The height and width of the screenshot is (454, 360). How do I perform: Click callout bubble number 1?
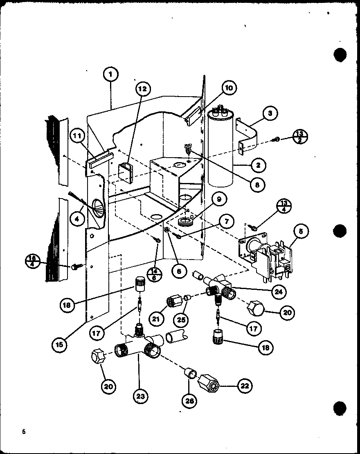[x=111, y=75]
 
